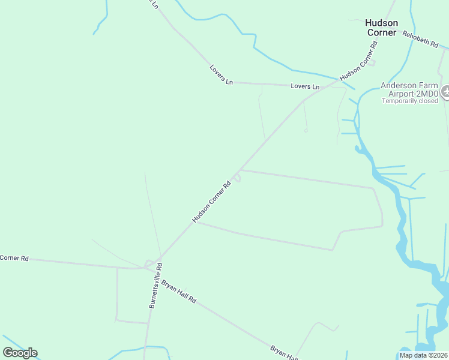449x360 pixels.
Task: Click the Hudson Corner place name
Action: pos(381,28)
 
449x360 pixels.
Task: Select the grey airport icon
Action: pos(445,92)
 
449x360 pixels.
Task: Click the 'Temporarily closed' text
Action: pos(410,101)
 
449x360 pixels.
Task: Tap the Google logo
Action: pos(20,353)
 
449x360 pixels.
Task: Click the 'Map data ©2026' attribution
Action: pos(424,355)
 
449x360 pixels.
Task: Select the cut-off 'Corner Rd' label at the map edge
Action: pos(14,258)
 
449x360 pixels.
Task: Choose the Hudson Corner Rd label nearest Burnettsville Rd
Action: pos(211,203)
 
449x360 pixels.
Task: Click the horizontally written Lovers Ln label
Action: pos(305,86)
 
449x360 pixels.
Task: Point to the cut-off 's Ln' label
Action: pos(155,4)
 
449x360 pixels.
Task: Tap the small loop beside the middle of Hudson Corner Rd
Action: pos(238,177)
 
